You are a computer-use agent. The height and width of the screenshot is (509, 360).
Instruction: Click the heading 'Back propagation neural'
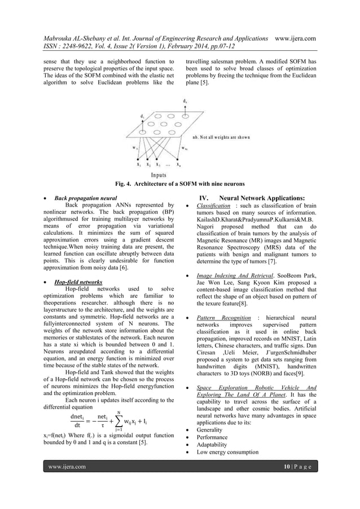pyautogui.click(x=85, y=199)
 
